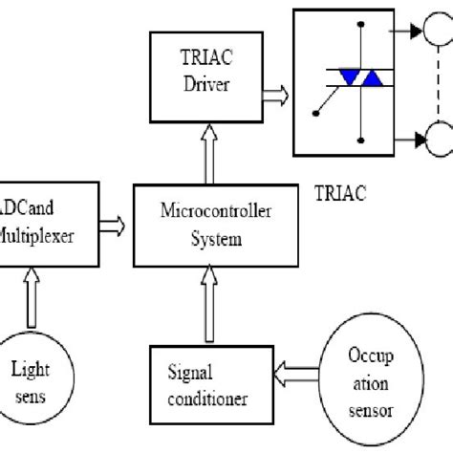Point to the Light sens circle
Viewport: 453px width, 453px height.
(34, 380)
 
